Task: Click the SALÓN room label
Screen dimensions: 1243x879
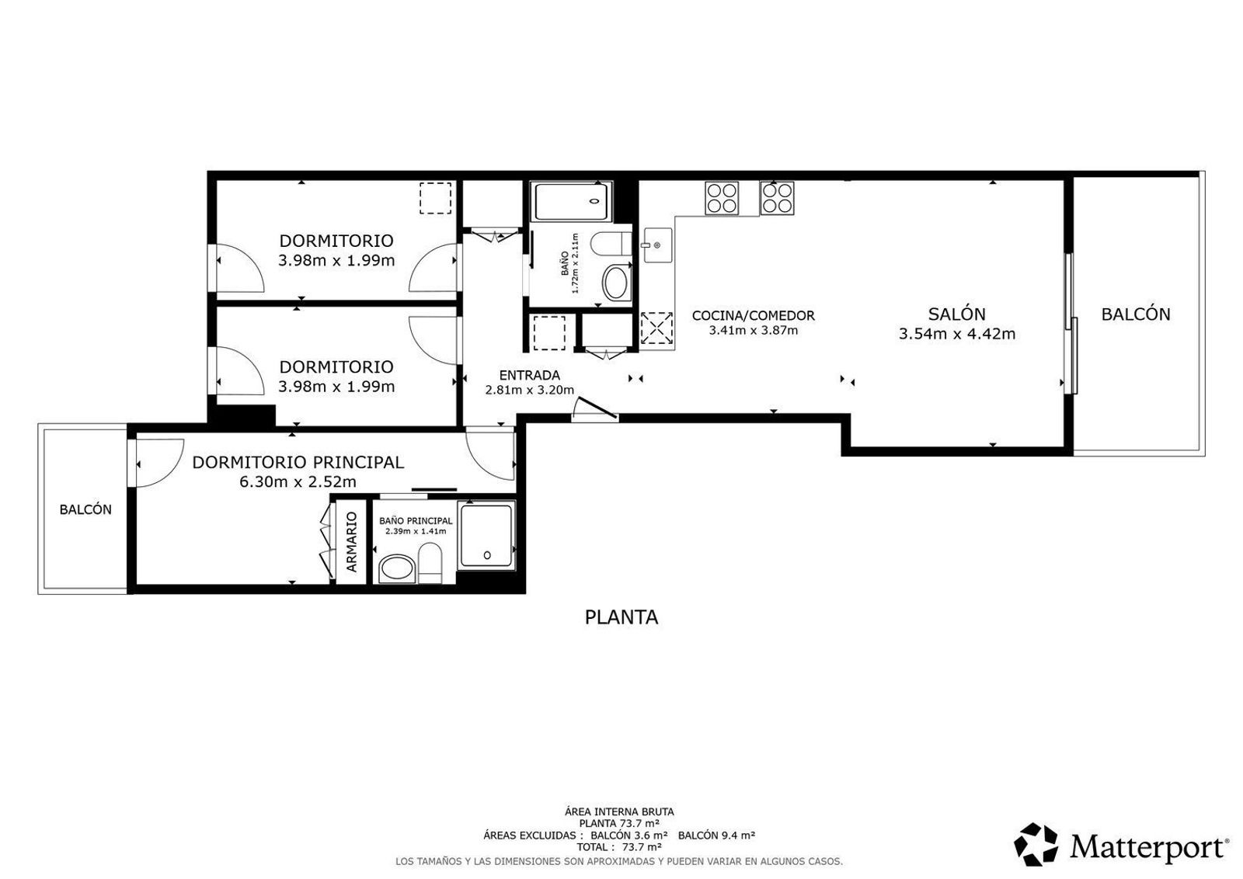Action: tap(956, 314)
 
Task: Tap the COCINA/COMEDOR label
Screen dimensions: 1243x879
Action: tap(753, 315)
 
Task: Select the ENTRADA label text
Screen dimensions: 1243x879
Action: tap(529, 376)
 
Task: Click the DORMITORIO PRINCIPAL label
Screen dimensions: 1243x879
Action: tap(298, 462)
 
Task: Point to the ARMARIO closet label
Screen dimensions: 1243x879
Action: tap(352, 542)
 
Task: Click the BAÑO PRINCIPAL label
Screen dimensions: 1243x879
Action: tap(416, 521)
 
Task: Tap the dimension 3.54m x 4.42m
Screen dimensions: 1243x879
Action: tap(956, 334)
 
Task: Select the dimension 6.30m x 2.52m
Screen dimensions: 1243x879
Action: tap(298, 482)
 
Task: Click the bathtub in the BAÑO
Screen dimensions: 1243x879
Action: tap(572, 201)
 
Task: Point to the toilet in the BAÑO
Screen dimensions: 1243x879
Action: tap(611, 244)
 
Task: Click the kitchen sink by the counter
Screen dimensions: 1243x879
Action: tap(657, 245)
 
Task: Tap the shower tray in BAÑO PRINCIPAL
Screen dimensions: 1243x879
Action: tap(486, 536)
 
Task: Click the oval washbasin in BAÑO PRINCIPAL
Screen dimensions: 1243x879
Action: tap(397, 569)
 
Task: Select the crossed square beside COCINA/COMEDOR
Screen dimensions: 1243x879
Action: tap(656, 328)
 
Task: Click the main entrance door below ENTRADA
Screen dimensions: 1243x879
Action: tap(595, 410)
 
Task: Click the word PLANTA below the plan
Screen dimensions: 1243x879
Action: tap(621, 617)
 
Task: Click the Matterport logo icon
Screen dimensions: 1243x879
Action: tap(1036, 845)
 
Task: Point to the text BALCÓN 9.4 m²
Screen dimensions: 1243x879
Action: tap(716, 836)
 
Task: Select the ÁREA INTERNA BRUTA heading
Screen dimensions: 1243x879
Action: tap(619, 812)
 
